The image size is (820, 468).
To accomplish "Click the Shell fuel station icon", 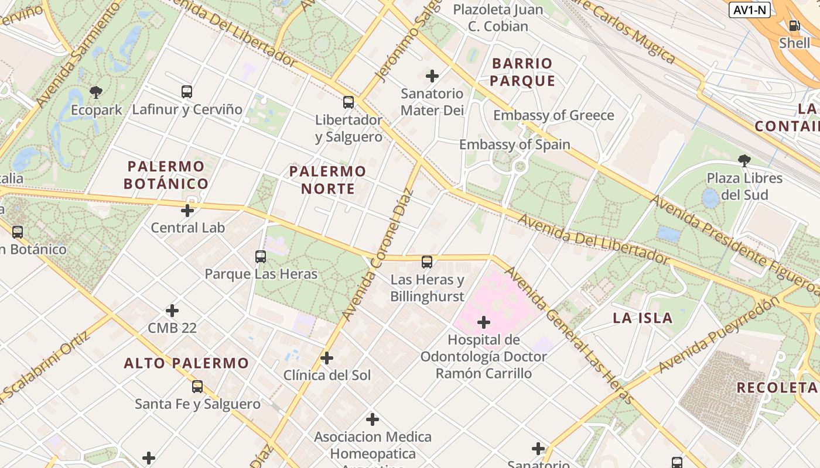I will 794,26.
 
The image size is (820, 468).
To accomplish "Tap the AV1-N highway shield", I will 750,10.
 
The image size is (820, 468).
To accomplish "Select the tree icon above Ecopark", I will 96,92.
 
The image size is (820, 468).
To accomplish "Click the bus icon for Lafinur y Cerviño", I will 187,92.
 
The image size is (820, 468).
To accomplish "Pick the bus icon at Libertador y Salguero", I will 348,102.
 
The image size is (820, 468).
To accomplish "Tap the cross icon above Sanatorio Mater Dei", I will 432,76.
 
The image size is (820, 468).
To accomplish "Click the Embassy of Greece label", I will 553,115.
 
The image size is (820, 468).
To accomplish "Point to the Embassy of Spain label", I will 514,144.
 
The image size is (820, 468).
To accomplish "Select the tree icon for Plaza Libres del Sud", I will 744,160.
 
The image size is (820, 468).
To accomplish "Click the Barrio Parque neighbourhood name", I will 522,72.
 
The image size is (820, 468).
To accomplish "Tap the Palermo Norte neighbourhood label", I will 328,180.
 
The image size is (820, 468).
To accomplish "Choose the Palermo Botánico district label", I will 166,175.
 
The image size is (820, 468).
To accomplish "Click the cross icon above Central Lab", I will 187,211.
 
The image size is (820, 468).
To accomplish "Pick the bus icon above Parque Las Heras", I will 261,257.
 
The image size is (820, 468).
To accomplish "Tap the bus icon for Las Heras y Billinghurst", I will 427,262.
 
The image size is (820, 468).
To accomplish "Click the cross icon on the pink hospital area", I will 484,322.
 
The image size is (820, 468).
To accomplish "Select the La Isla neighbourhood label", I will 643,318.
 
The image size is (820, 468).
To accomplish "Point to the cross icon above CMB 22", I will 172,311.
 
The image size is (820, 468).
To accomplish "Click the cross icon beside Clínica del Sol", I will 327,358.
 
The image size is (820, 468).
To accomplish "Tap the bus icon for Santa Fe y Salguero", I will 197,387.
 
